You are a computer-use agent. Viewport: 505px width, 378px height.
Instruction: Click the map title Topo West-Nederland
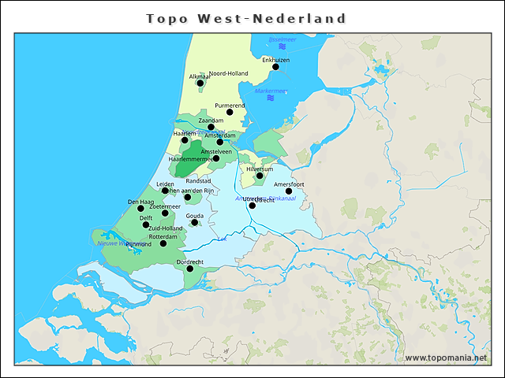click(246, 18)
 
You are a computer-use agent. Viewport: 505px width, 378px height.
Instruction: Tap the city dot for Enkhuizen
click(275, 67)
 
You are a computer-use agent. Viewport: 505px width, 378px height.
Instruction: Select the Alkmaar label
click(200, 76)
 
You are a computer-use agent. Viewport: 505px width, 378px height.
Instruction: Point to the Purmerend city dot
click(230, 113)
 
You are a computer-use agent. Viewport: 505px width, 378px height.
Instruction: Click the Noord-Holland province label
click(228, 73)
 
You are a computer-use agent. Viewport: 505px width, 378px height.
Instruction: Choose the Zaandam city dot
click(211, 127)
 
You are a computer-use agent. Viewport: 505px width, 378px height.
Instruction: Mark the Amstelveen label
click(216, 150)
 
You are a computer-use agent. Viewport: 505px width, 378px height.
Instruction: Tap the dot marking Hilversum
click(259, 176)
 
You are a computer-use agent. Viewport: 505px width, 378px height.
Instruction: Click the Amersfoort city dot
click(289, 191)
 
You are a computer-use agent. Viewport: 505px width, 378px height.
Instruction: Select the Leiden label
click(166, 184)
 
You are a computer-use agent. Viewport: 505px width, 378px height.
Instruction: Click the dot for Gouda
click(194, 223)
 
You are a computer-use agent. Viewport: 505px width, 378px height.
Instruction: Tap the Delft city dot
click(146, 225)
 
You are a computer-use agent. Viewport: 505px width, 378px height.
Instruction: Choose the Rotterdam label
click(163, 236)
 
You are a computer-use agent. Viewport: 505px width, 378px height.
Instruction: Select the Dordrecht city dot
click(189, 269)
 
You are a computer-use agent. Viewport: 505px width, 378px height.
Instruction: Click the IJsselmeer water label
click(282, 39)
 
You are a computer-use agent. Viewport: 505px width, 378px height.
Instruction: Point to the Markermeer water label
click(271, 91)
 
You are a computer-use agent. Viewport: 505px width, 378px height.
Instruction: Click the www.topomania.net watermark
click(446, 358)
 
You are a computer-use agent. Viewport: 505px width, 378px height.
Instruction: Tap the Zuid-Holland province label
click(166, 228)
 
